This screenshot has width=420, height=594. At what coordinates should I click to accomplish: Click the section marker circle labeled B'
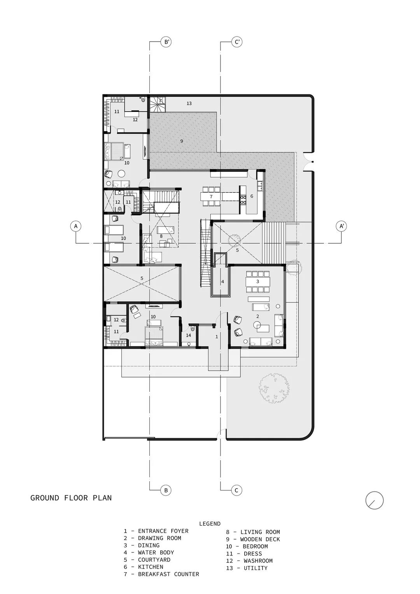tap(166, 42)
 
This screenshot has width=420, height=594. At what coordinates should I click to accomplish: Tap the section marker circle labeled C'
tap(237, 42)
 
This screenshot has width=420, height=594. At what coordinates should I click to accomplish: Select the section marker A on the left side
tap(76, 226)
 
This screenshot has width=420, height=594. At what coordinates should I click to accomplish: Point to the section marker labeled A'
tap(341, 226)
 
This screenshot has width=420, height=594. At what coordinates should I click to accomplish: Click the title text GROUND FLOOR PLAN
tap(71, 498)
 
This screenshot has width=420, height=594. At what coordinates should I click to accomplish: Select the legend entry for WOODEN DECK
tap(253, 539)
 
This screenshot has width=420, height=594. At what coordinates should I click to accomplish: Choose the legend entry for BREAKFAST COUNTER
tap(161, 574)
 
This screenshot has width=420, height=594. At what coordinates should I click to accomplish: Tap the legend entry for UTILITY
tap(247, 568)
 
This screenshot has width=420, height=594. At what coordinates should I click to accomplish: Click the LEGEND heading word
tap(210, 524)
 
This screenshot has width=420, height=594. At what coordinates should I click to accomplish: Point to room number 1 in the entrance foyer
tap(217, 337)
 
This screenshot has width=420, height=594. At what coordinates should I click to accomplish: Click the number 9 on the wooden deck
tap(182, 141)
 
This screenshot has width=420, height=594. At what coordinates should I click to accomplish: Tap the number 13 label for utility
tap(189, 104)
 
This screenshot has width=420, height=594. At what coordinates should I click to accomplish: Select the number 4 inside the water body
tap(222, 281)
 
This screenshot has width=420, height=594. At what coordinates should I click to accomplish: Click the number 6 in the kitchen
tap(252, 196)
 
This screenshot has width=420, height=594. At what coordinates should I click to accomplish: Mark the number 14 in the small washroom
tap(189, 335)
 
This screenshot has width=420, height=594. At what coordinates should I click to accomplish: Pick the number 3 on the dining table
tap(257, 281)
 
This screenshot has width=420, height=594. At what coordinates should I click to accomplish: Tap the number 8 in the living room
tap(161, 236)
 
